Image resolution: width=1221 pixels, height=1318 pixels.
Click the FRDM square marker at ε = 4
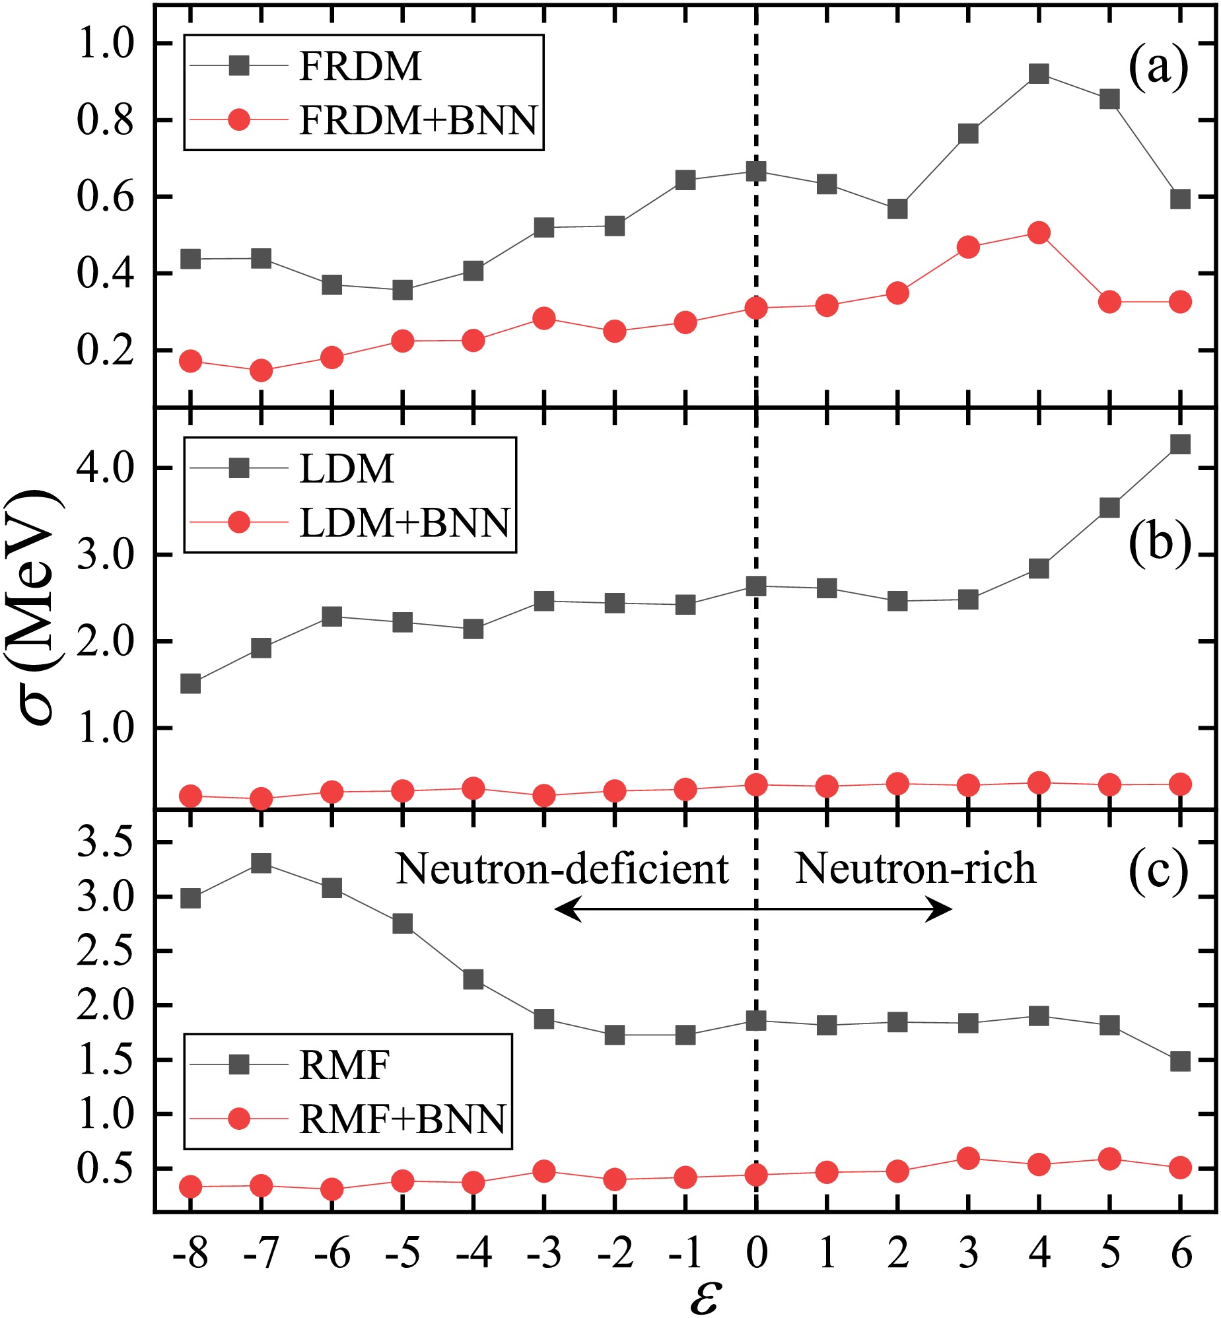click(x=1039, y=73)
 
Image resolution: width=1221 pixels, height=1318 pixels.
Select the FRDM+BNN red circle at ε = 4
click(x=1039, y=232)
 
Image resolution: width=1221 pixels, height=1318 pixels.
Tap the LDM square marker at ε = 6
click(x=1180, y=443)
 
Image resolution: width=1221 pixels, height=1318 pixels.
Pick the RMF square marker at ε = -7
click(x=261, y=863)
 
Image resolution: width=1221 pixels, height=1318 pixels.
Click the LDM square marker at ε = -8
click(x=190, y=683)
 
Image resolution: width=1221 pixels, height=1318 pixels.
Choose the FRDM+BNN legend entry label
click(x=418, y=120)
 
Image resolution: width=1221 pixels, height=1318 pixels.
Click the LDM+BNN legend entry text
click(x=404, y=523)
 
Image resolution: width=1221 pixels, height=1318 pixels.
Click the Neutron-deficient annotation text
click(x=562, y=869)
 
